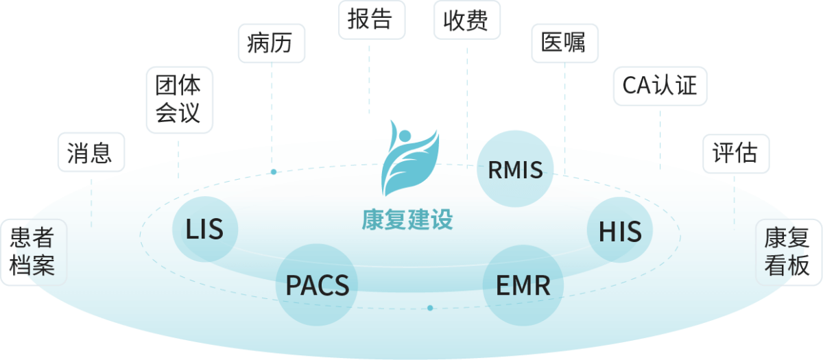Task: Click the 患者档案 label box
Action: pos(33,252)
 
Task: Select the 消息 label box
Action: pos(91,152)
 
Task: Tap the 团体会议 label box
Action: pos(180,99)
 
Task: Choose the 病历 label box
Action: pos(271,43)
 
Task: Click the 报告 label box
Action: pos(371,19)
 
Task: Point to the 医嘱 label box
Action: pos(564,43)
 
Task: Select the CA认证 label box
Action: pos(659,86)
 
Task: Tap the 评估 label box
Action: pos(735,153)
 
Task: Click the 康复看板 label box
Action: pos(788,252)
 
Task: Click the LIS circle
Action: pos(204,229)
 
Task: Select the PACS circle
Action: pos(317,285)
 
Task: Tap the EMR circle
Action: pos(523,285)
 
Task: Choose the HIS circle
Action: pos(620,231)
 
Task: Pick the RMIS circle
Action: pos(515,169)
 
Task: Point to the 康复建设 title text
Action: pos(407,220)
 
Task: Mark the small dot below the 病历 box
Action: pos(274,171)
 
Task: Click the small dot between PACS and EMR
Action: pos(430,308)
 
